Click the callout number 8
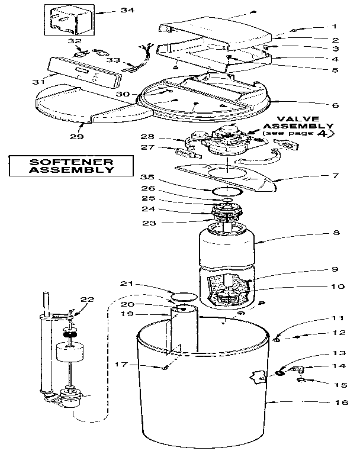pos(336,233)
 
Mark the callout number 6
pos(335,105)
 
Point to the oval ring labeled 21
pos(183,294)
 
